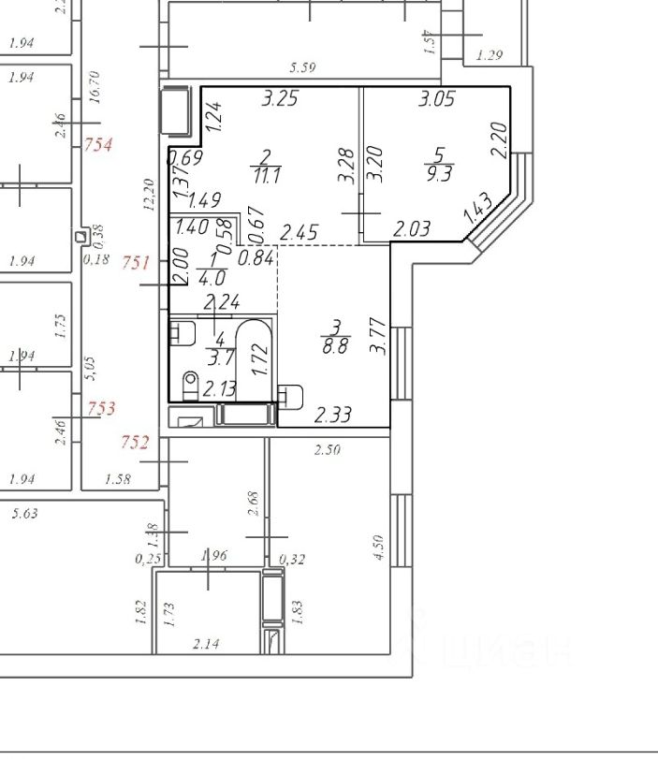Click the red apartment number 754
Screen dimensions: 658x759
click(98, 145)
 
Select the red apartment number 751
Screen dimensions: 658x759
click(137, 264)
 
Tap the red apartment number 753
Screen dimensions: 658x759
click(101, 408)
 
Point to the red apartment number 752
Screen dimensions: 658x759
click(135, 442)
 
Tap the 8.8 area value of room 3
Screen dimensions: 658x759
click(337, 343)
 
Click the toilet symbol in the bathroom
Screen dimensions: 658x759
click(191, 384)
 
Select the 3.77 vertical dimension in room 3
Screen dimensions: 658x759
click(378, 335)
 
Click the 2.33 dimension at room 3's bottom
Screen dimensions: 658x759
click(333, 415)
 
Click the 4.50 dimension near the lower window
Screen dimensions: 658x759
click(378, 547)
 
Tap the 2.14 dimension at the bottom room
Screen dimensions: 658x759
click(206, 644)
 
